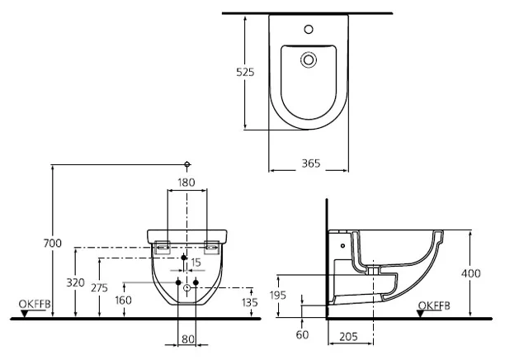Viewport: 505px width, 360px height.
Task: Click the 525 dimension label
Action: click(x=246, y=72)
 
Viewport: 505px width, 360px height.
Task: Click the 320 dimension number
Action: click(x=75, y=282)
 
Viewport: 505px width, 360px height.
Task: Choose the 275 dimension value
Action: click(x=99, y=287)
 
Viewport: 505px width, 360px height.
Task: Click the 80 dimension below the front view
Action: click(x=188, y=338)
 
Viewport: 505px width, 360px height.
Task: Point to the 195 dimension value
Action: click(x=279, y=295)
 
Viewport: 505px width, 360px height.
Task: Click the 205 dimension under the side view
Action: click(x=349, y=338)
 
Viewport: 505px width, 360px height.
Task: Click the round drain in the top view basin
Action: click(x=308, y=59)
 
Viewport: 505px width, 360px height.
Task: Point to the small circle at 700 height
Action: click(x=188, y=163)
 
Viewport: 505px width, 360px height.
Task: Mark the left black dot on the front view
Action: click(x=178, y=283)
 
